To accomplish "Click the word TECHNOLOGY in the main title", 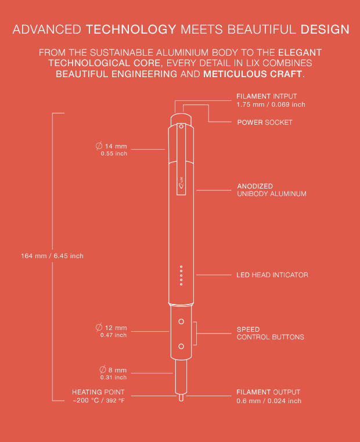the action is tap(131, 30).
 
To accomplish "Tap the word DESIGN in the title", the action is tap(325, 30).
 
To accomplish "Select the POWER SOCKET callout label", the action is tap(265, 122).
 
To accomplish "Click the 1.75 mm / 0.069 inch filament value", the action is tap(271, 104).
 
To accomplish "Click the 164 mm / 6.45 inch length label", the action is tap(52, 256).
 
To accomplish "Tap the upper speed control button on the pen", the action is tap(181, 321).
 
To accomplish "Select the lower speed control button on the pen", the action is tap(181, 346).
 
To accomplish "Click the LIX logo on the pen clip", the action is tap(181, 182).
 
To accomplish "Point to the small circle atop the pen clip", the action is tap(181, 126).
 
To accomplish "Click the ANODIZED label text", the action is tap(255, 186).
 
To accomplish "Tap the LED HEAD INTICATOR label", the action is tap(272, 275).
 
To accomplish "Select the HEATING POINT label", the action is tap(98, 392).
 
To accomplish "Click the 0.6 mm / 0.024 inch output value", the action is tap(269, 401).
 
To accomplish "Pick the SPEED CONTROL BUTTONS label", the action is tap(270, 333).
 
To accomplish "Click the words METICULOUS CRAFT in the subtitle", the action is tap(253, 74).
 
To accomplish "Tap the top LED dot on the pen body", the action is tap(181, 266).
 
